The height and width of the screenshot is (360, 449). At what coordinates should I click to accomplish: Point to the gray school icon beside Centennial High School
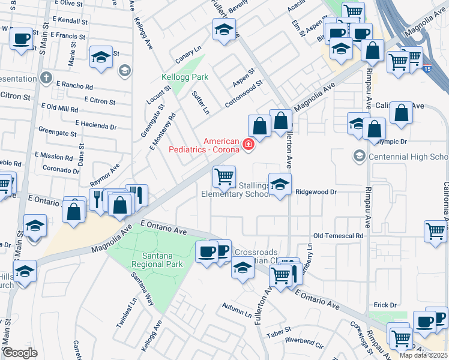point(359,157)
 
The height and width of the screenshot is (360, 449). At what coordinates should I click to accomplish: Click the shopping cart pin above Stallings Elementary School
point(224,176)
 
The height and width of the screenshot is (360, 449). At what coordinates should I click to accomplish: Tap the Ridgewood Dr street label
point(318,191)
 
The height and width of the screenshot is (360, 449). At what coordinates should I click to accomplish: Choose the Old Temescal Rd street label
point(339,236)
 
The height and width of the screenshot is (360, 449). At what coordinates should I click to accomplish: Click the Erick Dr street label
point(385,305)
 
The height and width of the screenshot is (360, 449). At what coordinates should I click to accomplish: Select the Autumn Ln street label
point(237,313)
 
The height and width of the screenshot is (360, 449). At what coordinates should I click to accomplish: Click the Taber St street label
point(279,330)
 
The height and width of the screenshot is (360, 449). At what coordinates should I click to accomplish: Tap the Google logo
point(20,352)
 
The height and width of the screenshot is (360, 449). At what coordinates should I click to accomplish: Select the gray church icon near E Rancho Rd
point(46,77)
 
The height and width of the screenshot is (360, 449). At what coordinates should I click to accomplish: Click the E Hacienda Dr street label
point(96,127)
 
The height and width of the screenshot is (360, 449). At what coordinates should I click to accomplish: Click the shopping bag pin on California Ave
point(401,112)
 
